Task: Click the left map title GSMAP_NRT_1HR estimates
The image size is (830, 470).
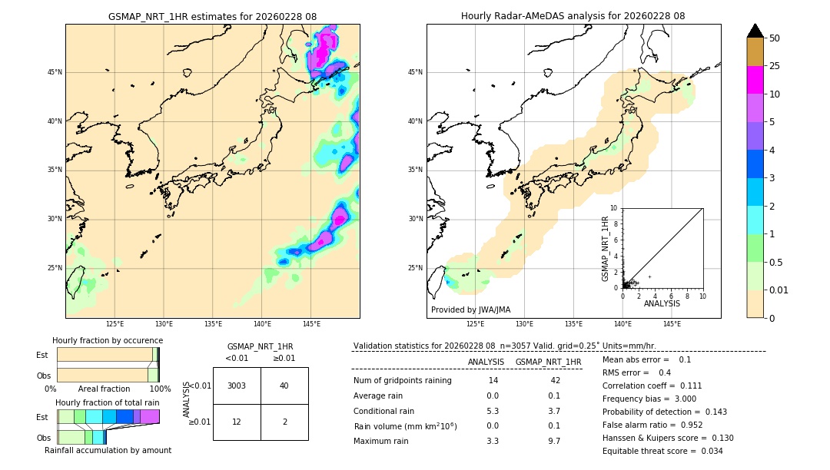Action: (212, 16)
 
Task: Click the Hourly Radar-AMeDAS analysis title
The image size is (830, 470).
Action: (573, 16)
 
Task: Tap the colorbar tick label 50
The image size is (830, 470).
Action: (775, 38)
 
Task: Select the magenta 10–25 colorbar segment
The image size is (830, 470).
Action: (755, 80)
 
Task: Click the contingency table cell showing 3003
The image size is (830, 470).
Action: (237, 386)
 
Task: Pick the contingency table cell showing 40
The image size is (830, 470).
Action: (284, 386)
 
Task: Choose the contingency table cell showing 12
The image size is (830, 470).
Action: (237, 422)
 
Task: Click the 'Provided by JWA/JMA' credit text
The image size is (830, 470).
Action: (470, 310)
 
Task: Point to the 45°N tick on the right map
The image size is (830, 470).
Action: (415, 72)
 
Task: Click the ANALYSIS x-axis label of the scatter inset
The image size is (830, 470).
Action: (662, 303)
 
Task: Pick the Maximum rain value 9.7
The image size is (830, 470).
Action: (553, 441)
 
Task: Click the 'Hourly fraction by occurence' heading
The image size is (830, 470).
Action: (108, 340)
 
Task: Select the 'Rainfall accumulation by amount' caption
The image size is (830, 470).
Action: (108, 450)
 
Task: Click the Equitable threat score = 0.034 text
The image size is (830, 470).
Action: (662, 451)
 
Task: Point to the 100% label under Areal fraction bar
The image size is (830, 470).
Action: (160, 389)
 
